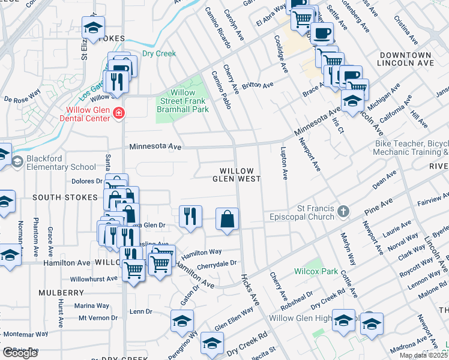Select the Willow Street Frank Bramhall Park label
182,101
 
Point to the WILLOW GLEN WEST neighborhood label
240,175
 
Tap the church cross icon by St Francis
343,211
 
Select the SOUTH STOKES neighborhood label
65,197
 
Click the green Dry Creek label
158,53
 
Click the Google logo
20,353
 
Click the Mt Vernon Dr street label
94,317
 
